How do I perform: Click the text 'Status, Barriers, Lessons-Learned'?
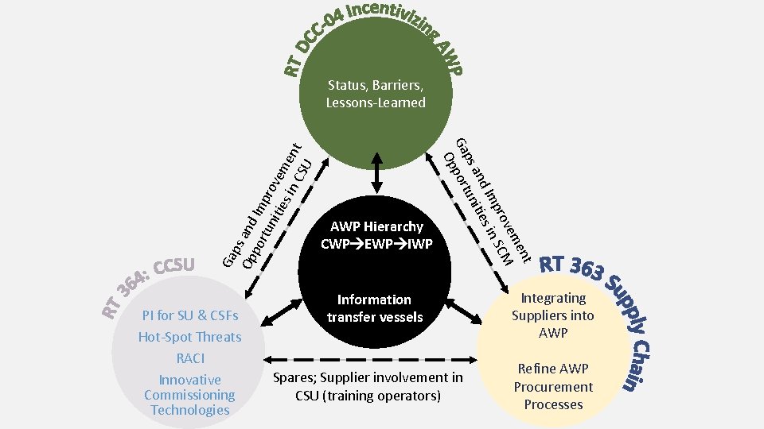[375, 94]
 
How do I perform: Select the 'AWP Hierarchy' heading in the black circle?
[376, 227]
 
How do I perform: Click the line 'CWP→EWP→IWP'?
[376, 244]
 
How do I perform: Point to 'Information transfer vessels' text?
[374, 308]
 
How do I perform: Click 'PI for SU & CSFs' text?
[189, 315]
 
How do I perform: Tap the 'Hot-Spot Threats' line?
[189, 337]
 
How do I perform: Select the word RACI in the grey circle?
[189, 358]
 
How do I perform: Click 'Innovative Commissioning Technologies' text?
[189, 395]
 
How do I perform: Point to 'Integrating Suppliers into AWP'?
[553, 315]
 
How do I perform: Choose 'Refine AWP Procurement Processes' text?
[553, 387]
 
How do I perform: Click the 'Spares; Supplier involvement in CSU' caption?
[367, 386]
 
